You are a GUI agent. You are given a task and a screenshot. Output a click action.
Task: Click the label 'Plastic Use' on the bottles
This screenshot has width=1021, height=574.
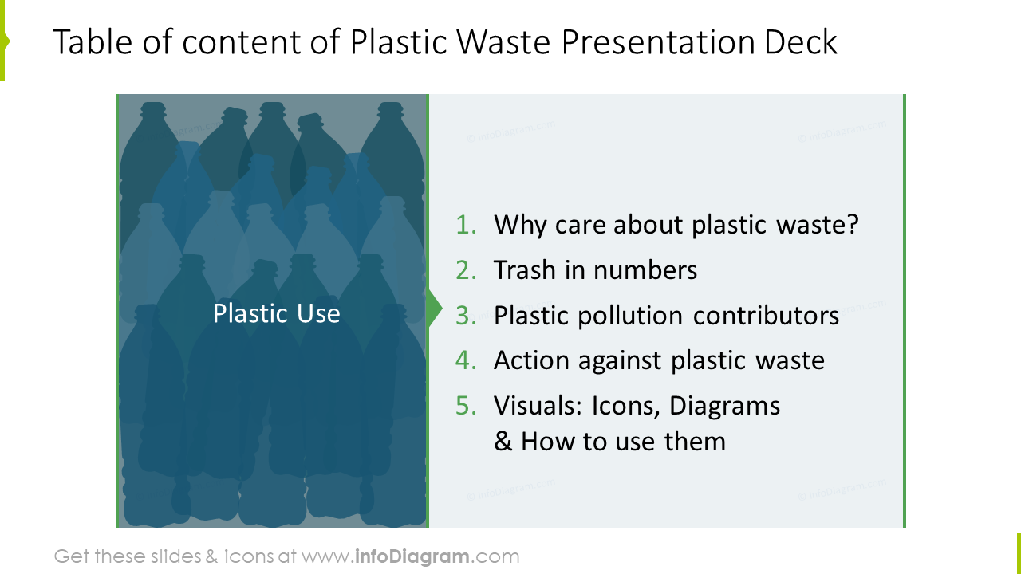coord(276,313)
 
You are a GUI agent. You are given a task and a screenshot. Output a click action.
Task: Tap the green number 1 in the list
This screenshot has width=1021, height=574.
coord(464,226)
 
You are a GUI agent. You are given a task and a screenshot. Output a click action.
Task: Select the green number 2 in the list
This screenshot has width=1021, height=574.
coord(464,271)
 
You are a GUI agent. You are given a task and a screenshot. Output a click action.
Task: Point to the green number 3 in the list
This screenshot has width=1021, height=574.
coord(464,316)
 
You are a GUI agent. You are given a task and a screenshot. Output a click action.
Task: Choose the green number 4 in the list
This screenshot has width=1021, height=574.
coord(464,361)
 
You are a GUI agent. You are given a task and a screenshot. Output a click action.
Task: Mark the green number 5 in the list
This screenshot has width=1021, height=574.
coord(464,407)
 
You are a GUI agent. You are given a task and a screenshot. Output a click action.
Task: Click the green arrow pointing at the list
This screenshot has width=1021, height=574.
coord(435,309)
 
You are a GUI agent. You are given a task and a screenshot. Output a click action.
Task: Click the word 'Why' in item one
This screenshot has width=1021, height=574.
coord(518,226)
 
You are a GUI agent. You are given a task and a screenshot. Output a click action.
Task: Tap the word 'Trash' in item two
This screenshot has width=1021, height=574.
coord(524,271)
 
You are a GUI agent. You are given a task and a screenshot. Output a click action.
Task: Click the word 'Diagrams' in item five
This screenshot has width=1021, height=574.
coord(724,407)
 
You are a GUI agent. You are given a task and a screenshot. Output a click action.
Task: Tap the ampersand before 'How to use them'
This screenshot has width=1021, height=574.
coord(503,442)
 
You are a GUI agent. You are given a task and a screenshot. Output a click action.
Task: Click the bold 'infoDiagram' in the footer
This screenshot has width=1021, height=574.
coord(412,556)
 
